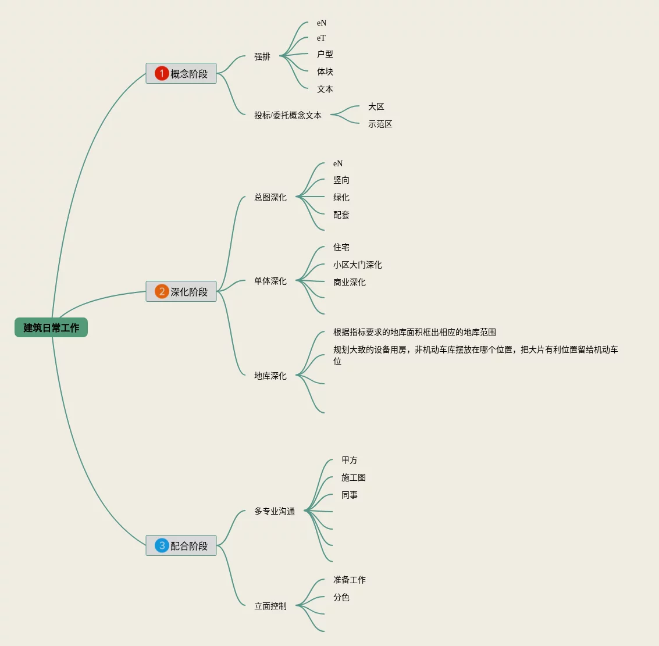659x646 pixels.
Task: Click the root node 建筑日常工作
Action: pos(51,327)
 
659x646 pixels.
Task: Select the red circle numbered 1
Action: pos(162,73)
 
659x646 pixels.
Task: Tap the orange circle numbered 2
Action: pos(162,291)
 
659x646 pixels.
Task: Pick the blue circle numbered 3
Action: pos(162,545)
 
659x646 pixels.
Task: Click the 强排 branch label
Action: pos(262,56)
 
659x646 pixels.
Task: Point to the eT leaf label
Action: pos(321,38)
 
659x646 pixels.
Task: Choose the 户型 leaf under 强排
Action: pos(325,54)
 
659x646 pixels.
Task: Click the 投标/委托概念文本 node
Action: pos(288,115)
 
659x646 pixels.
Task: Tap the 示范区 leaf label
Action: pos(380,124)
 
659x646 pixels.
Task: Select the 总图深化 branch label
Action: pos(270,197)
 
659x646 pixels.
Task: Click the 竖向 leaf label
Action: pos(341,180)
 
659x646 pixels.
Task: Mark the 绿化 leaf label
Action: pos(341,198)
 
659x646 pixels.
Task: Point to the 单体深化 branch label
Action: pos(270,281)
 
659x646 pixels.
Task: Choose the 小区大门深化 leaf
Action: pos(358,265)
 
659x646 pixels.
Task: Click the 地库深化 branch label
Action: pos(270,376)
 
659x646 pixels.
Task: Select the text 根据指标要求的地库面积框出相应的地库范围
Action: pos(415,332)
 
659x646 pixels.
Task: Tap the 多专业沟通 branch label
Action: pos(275,511)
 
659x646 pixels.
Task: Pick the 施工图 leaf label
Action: pos(354,477)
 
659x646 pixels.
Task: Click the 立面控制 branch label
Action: pos(270,606)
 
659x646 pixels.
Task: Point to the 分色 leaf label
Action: pos(341,597)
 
